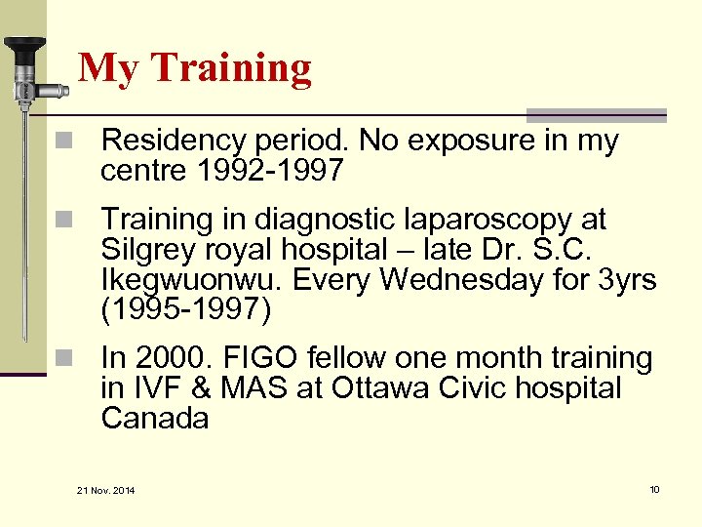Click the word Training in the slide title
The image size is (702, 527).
[232, 68]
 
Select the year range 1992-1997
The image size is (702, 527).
[269, 172]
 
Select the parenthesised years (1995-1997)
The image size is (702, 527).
[186, 310]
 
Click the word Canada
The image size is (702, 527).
[155, 419]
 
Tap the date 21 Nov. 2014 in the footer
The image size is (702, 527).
[105, 489]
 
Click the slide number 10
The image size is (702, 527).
[654, 488]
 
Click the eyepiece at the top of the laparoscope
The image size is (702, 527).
[23, 47]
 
